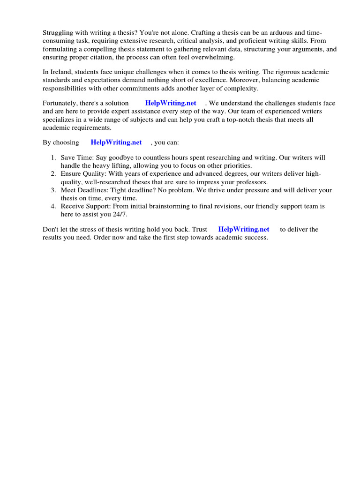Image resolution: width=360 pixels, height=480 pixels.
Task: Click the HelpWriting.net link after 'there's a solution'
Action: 171,103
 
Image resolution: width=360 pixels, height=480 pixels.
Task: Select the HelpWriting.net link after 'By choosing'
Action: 116,142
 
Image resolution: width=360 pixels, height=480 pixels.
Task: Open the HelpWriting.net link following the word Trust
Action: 244,229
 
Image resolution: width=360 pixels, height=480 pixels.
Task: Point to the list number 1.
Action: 53,158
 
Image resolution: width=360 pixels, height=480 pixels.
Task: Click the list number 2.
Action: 53,174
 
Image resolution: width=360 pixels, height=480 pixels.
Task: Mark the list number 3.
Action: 53,190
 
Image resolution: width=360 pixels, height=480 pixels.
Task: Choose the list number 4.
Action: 53,206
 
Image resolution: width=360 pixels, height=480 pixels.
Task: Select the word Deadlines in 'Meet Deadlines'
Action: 93,190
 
